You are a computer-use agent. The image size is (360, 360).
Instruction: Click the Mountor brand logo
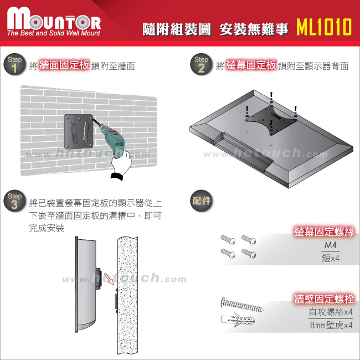click(x=54, y=21)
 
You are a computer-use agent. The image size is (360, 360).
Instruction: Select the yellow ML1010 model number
click(x=324, y=27)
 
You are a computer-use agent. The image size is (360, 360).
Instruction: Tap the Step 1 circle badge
click(x=14, y=64)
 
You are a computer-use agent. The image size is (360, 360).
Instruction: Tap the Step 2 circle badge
click(x=201, y=64)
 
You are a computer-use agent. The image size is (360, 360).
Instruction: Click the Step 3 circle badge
click(x=14, y=200)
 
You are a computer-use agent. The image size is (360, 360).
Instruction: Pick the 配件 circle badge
click(x=202, y=200)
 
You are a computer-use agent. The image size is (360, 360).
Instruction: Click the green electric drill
click(x=111, y=138)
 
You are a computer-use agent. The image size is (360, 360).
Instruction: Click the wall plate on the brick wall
click(x=79, y=132)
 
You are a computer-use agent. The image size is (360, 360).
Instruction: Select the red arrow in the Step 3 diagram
click(x=109, y=279)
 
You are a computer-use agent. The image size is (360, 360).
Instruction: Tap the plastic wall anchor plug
click(x=238, y=320)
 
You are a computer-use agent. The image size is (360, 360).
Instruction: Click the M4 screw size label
click(x=331, y=245)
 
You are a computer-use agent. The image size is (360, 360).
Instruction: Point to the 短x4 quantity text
click(x=331, y=258)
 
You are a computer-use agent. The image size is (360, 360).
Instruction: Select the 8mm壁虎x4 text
click(x=331, y=325)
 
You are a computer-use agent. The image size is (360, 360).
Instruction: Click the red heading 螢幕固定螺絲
click(x=324, y=232)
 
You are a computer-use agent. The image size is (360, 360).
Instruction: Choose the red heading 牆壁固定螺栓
click(x=324, y=299)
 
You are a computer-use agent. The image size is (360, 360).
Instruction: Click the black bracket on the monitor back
click(x=271, y=120)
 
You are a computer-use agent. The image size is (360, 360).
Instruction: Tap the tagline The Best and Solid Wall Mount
click(x=54, y=33)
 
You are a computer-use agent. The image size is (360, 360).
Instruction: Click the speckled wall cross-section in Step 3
click(x=127, y=296)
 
